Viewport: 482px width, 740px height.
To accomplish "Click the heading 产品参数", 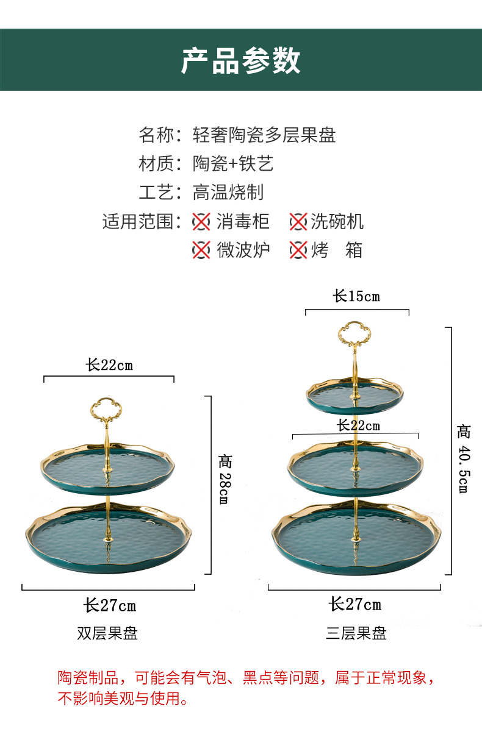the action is (241, 62).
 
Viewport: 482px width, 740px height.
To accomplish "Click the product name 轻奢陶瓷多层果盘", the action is (264, 135).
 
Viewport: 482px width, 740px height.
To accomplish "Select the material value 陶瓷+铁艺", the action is (233, 163).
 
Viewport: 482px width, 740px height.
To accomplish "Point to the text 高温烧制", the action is (228, 192).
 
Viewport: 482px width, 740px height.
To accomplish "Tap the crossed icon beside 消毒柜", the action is (201, 221).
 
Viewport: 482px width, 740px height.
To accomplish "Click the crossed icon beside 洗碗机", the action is (298, 221).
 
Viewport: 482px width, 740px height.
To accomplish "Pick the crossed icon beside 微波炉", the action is (201, 250).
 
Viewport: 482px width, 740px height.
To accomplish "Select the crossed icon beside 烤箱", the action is (298, 250).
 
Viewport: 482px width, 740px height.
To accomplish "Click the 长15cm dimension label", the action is (356, 296).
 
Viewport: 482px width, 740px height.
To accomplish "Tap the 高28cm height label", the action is (225, 479).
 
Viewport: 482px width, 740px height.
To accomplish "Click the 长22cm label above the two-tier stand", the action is (109, 365).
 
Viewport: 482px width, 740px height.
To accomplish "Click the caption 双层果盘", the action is (107, 633).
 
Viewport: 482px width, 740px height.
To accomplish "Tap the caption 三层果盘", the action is (356, 633).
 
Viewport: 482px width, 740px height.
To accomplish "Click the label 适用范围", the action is (138, 221).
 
